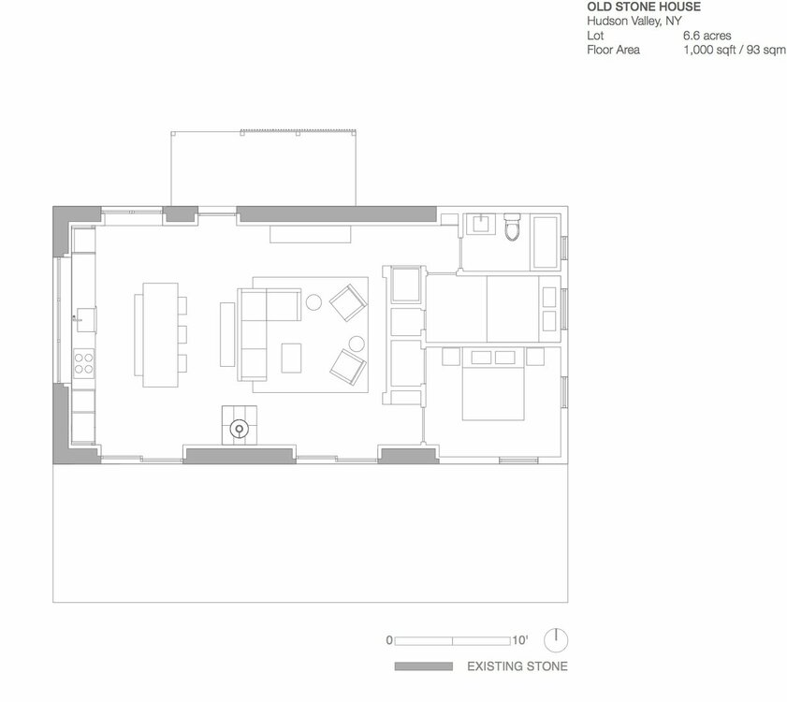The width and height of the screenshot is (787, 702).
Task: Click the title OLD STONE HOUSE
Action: (644, 7)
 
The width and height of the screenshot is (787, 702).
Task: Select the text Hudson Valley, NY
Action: (634, 22)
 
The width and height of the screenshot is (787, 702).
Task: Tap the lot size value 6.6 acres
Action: (707, 36)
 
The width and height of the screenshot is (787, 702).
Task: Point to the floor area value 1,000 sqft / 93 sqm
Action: (735, 50)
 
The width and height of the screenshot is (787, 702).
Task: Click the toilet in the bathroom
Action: (513, 227)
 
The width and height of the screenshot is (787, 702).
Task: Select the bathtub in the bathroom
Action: (545, 242)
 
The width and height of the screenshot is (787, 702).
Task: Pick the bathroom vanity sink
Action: (481, 224)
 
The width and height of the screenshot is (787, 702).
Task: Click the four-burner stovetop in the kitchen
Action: (84, 363)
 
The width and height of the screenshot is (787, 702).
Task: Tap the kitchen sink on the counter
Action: (86, 320)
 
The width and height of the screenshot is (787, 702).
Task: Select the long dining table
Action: (161, 335)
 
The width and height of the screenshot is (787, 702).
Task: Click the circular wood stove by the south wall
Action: (240, 429)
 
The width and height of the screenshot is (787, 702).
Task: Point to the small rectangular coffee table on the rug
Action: (291, 358)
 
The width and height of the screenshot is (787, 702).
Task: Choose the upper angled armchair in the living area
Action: (348, 302)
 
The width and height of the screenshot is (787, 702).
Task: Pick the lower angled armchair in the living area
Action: (348, 367)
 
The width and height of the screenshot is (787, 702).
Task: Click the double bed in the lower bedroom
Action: (493, 385)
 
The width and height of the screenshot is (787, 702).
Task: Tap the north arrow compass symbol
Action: (556, 639)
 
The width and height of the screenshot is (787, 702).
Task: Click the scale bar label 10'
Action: (520, 640)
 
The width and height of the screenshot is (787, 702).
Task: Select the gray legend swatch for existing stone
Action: (424, 666)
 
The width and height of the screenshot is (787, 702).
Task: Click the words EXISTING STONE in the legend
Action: (517, 666)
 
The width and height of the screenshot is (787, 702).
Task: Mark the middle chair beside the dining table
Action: (182, 334)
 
